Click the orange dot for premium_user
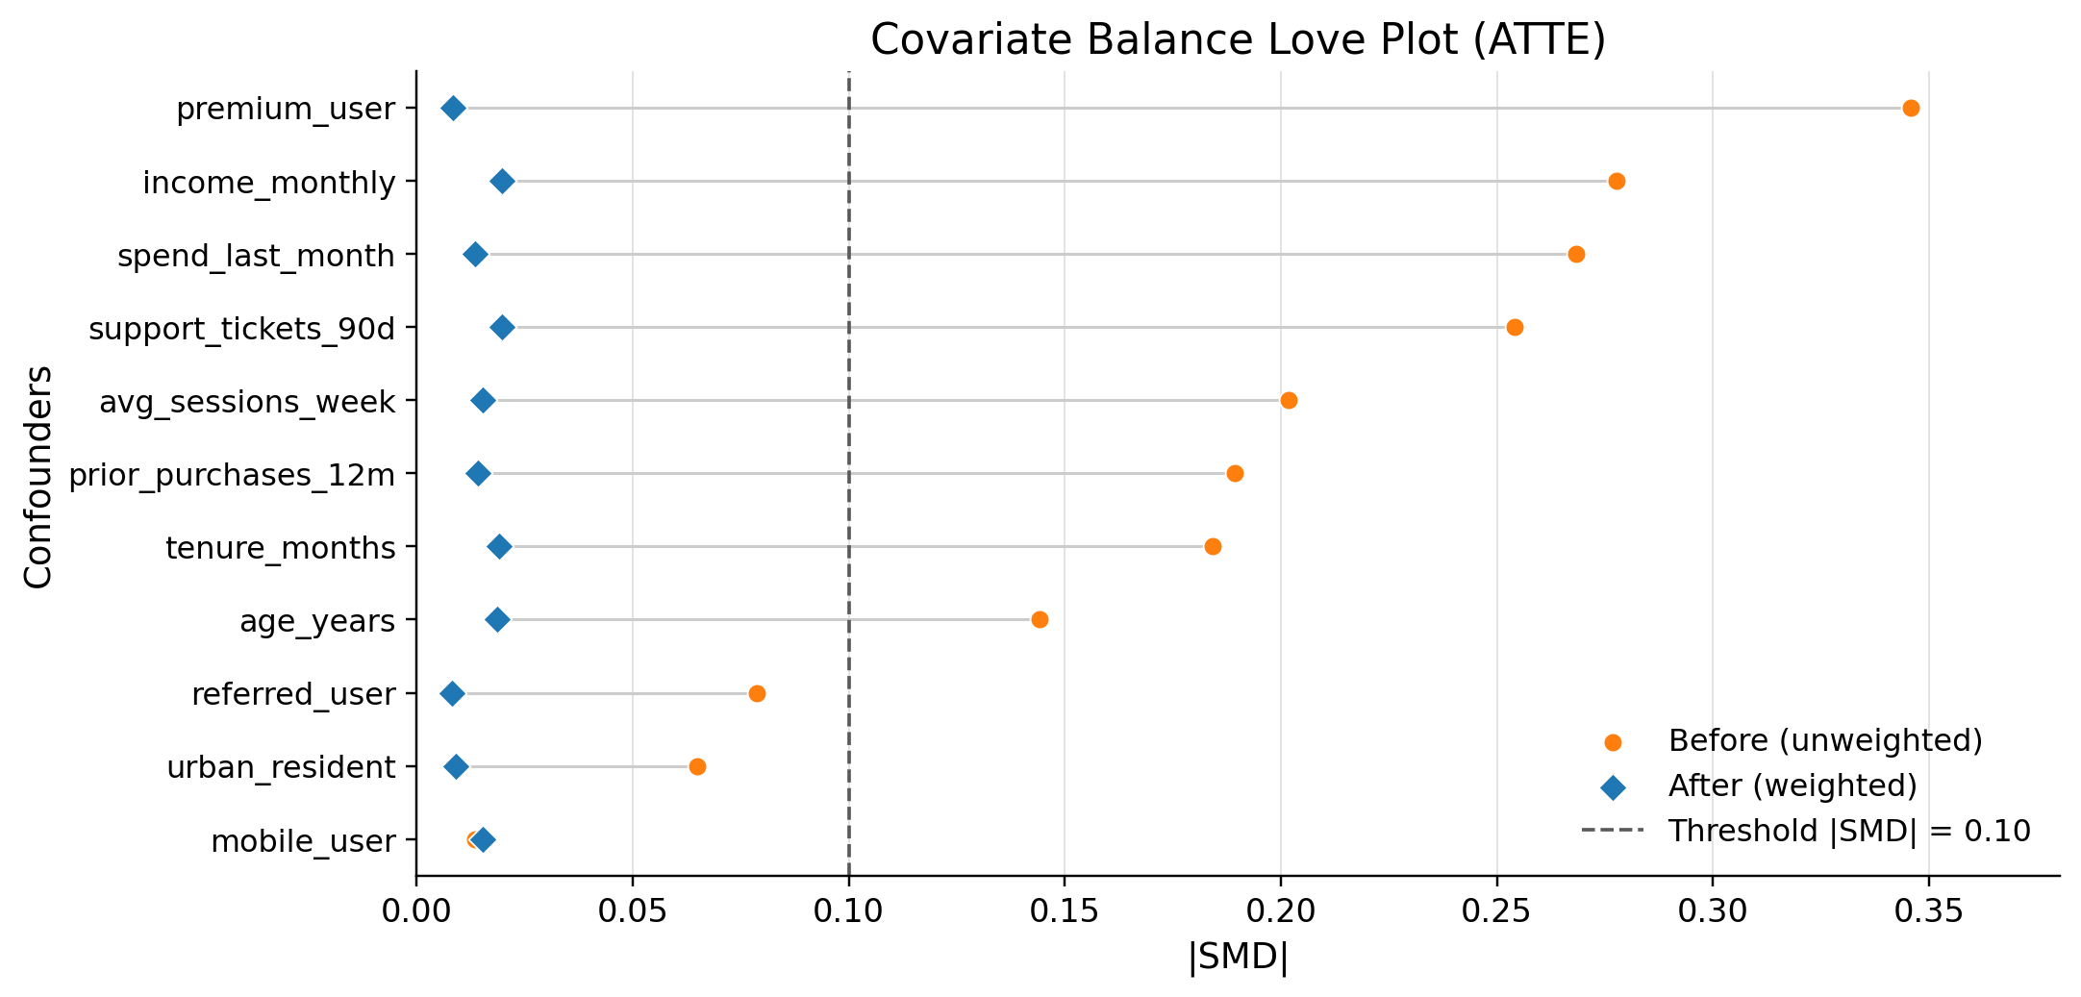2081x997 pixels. [x=1910, y=109]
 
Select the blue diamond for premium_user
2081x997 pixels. [x=453, y=109]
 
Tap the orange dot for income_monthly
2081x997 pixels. [x=1617, y=182]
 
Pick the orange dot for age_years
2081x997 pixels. [x=1040, y=620]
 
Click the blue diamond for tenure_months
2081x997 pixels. [x=499, y=547]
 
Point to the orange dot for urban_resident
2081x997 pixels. [x=697, y=767]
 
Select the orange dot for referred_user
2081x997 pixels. [x=757, y=694]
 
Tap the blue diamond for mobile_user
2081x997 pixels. [x=484, y=840]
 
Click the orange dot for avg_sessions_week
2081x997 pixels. [x=1289, y=401]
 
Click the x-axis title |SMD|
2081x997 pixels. [x=1238, y=958]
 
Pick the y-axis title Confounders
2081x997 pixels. [x=38, y=476]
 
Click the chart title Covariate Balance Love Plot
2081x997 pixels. [x=1238, y=40]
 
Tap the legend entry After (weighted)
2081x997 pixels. [x=1793, y=786]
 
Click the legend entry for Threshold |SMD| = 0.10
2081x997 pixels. [x=1848, y=832]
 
